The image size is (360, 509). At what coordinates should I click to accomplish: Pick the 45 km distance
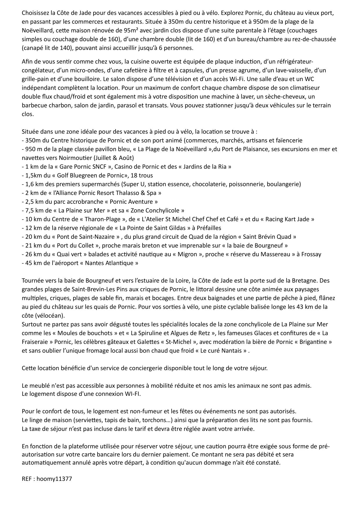pos(32,263)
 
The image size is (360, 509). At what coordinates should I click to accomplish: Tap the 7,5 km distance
pos(33,211)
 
